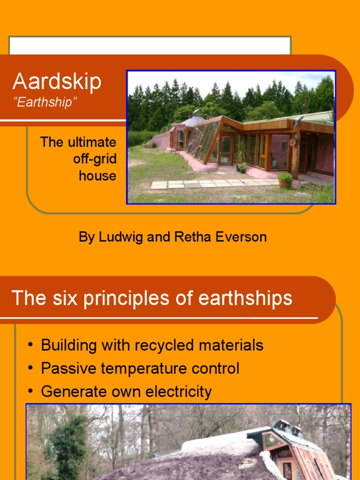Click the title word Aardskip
(57, 82)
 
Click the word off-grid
(95, 159)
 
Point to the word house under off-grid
(97, 176)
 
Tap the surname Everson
(241, 237)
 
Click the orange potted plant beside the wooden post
(285, 179)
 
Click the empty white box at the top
(150, 46)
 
